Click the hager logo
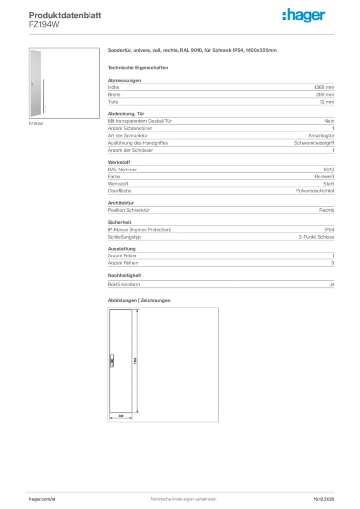pos(304,16)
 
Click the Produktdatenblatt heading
pos(65,15)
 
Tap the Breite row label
pos(114,94)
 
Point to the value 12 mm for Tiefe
pos(327,102)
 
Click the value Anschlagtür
pos(321,135)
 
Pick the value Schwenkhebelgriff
pos(314,143)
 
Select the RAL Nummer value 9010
pos(329,169)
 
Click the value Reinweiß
pos(324,176)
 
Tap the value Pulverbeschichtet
pos(315,191)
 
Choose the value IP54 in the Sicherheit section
pos(329,229)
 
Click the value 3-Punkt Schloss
pos(316,237)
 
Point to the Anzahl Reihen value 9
pos(333,263)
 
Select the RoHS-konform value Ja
pos(332,284)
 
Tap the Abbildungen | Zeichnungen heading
pos(139,300)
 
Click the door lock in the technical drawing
pos(112,361)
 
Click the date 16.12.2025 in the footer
pos(324,499)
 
